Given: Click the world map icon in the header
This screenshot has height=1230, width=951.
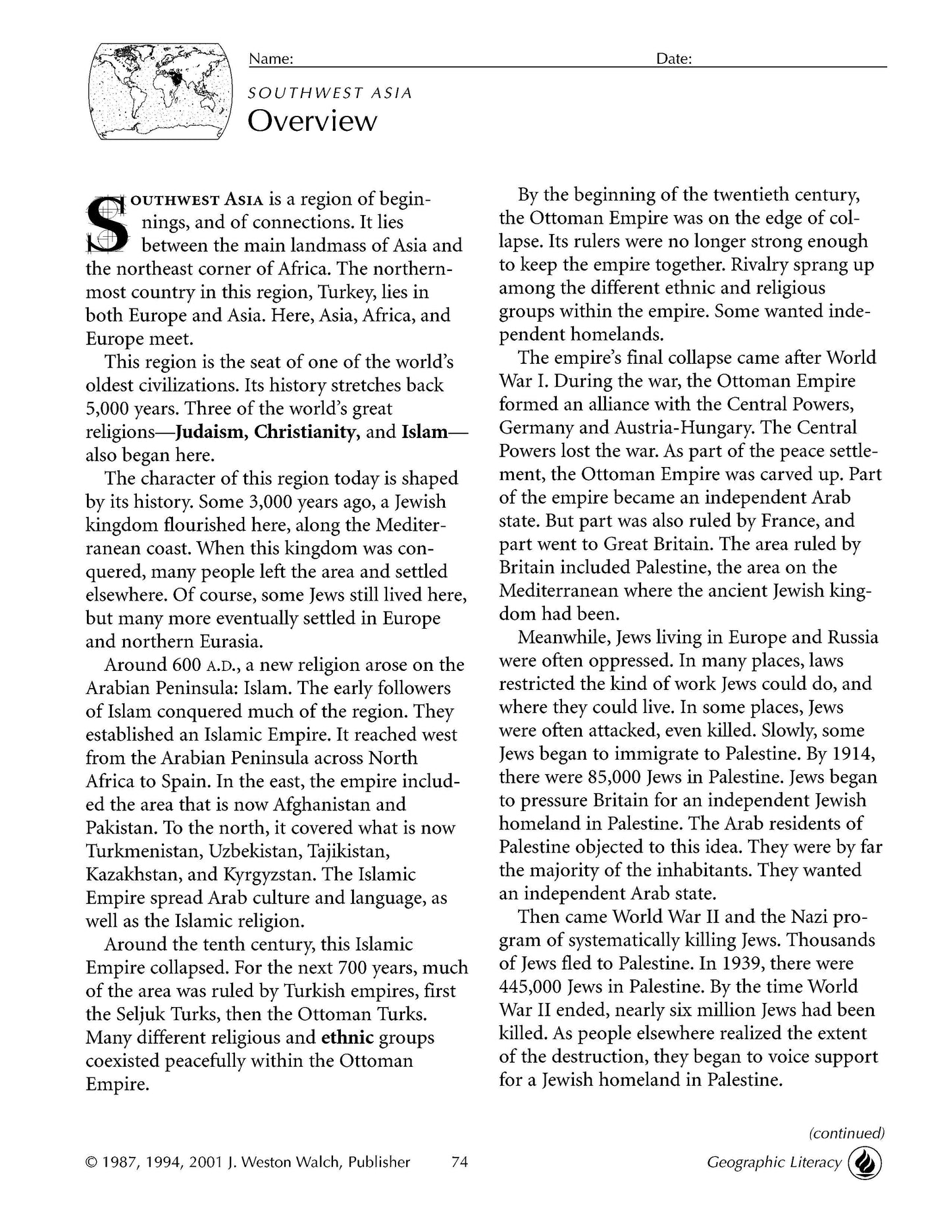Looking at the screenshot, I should [x=161, y=90].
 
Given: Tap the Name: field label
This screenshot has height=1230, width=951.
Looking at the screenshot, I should [x=270, y=59].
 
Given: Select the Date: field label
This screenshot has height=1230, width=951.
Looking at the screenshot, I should [x=674, y=59].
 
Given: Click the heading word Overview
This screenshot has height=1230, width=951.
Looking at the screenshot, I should [x=313, y=121].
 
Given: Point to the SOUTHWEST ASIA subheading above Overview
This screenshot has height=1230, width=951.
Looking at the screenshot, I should [x=330, y=93].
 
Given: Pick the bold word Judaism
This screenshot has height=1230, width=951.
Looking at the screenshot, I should [x=206, y=432].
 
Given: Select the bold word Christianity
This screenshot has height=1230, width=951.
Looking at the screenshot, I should [x=306, y=432].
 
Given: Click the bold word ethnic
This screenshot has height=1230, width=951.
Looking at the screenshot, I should [x=347, y=1037].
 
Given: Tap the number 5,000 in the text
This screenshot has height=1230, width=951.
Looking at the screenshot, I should [x=109, y=408].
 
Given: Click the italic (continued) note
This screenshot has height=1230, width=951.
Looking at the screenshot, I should [x=846, y=1133].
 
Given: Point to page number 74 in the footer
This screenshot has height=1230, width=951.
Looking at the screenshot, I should [x=459, y=1162].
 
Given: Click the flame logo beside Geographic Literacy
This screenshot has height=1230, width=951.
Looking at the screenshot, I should [x=865, y=1163].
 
